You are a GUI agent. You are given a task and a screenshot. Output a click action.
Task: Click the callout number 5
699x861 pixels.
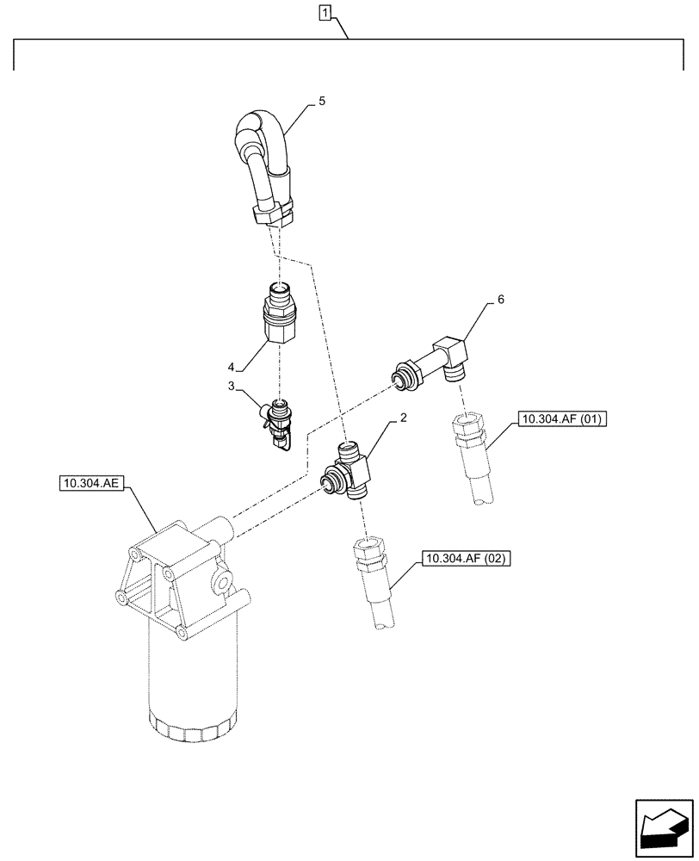click(321, 101)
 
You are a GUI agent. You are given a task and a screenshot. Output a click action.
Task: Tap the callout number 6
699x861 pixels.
click(500, 300)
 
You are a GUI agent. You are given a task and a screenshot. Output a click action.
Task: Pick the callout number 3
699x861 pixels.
click(232, 387)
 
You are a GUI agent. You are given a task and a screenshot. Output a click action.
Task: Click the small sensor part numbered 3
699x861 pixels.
click(278, 421)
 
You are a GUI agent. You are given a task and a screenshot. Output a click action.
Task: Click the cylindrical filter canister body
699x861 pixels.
click(192, 680)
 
